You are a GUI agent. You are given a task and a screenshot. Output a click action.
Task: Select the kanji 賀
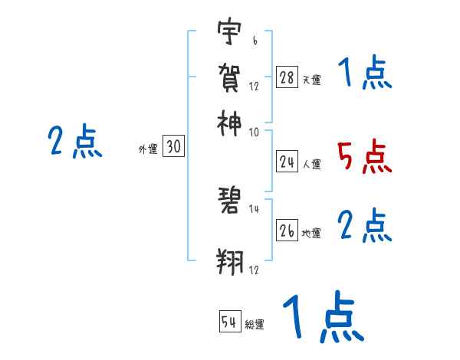[229, 77]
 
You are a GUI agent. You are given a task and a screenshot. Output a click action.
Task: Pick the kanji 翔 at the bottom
[229, 261]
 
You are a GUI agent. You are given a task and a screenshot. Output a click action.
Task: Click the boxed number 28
[287, 78]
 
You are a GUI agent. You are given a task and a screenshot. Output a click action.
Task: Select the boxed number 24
[287, 162]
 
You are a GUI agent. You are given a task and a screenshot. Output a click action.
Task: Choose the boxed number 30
[173, 149]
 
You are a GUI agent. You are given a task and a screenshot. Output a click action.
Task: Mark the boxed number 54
[229, 322]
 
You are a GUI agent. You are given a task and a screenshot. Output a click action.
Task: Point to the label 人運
[311, 164]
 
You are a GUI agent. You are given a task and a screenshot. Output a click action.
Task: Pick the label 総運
[255, 325]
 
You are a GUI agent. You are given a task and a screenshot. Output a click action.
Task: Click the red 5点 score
[364, 156]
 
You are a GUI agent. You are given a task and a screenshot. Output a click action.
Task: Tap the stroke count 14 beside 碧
[254, 209]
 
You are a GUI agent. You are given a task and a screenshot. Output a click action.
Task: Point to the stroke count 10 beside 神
[254, 132]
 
